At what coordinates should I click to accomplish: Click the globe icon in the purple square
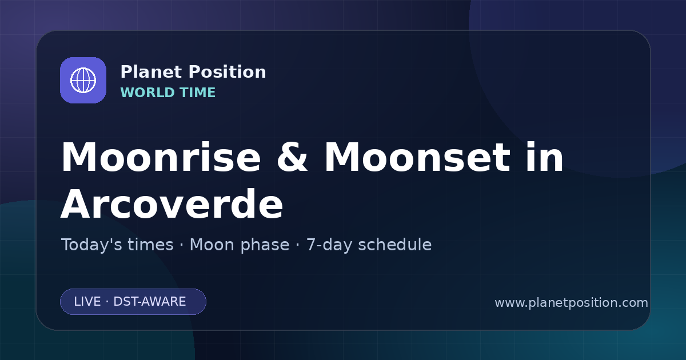pos(83,80)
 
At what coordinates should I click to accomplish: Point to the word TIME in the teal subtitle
pos(198,93)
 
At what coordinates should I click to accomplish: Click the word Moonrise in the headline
pos(161,157)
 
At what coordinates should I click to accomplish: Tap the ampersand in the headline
pos(292,157)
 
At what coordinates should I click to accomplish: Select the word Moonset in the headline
pos(417,157)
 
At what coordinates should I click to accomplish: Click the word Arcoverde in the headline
pos(172,203)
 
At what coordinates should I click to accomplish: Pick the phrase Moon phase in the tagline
pos(240,245)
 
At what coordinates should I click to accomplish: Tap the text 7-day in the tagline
pos(329,245)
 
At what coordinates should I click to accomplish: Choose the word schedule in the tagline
pos(395,245)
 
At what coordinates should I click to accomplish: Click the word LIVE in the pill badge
pos(87,302)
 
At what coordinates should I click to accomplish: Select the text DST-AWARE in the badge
pos(150,302)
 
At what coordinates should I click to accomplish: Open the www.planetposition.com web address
pos(572,303)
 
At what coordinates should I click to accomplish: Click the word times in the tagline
pos(150,245)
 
